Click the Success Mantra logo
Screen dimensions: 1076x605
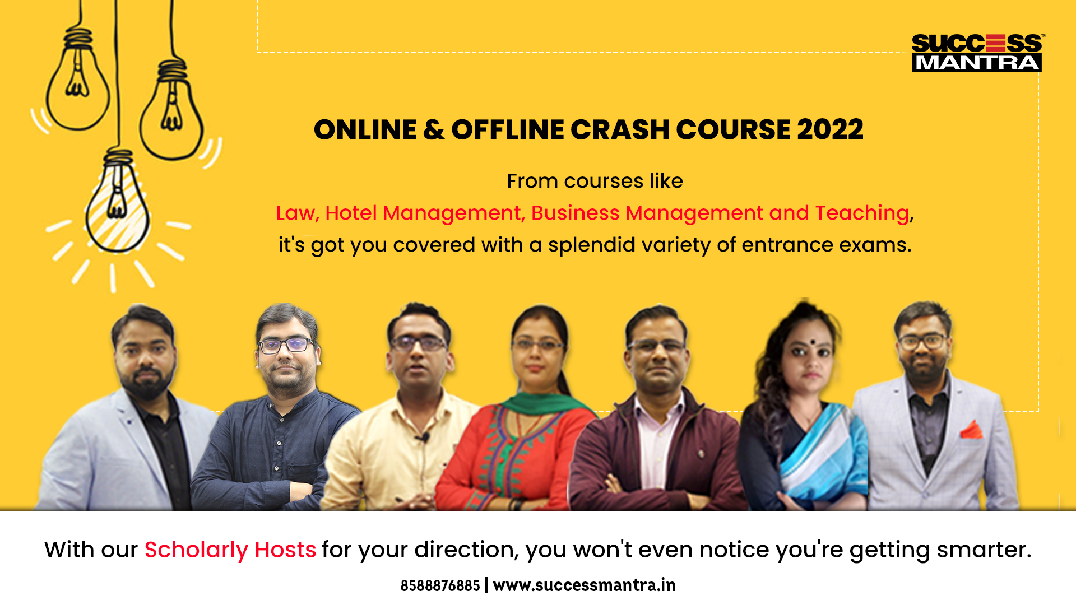pos(977,53)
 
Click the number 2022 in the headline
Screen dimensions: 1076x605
pos(830,130)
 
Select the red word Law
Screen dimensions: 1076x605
pos(297,213)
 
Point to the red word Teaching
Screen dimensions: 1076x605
pos(862,213)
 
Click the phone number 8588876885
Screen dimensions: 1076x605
pos(440,586)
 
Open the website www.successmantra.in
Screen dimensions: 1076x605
pos(584,586)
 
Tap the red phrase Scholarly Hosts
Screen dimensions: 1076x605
pos(230,550)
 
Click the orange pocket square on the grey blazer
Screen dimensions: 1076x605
pos(972,430)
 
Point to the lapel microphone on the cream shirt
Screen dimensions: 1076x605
pos(424,437)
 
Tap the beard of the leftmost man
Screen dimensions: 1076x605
pos(147,381)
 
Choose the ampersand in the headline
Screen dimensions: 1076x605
pos(434,130)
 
